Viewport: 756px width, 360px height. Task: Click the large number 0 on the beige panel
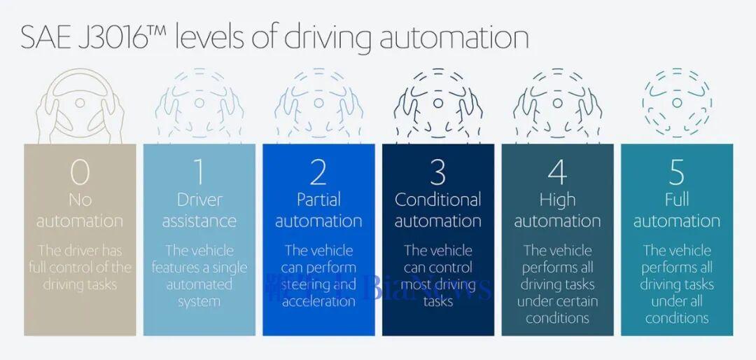click(80, 172)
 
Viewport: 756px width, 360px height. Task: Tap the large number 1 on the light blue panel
click(199, 172)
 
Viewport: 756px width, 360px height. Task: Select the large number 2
click(318, 172)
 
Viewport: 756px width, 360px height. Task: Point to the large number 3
click(437, 172)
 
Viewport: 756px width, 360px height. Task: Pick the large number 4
click(557, 172)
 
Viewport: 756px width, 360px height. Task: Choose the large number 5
click(676, 172)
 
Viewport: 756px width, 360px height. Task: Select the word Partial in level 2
click(318, 200)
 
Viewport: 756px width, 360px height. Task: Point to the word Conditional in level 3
click(437, 200)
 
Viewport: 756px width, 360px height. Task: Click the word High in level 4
click(557, 200)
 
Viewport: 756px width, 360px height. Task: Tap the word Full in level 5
click(676, 200)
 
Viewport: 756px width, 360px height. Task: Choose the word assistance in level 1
click(199, 221)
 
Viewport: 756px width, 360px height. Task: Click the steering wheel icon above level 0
click(80, 105)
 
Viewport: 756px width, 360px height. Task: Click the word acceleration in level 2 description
click(318, 302)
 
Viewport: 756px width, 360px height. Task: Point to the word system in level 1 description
click(199, 302)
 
